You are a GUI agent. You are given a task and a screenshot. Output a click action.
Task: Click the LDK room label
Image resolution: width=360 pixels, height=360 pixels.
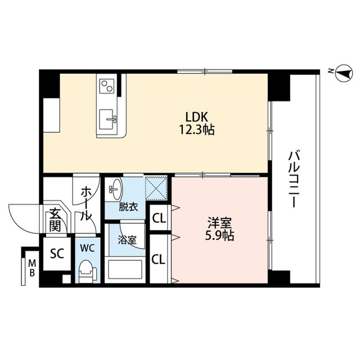pos(196,117)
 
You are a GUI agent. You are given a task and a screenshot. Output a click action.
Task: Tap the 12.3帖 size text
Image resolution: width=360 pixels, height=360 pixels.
pos(197,130)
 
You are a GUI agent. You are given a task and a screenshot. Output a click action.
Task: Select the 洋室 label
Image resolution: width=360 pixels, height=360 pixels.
pos(219,223)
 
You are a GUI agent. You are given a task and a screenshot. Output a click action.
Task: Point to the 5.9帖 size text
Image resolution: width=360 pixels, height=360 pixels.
pos(219,235)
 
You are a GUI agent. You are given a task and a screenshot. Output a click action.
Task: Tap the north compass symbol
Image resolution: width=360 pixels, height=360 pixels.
pos(344,73)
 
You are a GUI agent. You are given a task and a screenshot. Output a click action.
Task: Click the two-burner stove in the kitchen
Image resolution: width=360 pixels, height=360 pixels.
pos(107,85)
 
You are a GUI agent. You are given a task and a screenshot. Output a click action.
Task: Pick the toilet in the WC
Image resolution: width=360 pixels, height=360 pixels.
pos(88,271)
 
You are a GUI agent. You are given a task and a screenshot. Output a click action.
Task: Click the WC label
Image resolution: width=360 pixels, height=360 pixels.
pos(87,248)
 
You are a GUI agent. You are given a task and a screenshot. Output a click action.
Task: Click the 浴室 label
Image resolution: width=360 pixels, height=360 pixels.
pos(127,240)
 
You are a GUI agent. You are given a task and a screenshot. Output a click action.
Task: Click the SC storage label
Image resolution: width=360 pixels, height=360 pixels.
pos(57,254)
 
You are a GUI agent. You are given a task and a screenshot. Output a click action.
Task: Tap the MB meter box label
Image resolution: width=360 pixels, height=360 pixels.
pos(32,268)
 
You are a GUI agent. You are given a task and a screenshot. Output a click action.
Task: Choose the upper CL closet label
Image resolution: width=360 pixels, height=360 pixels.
pos(159,218)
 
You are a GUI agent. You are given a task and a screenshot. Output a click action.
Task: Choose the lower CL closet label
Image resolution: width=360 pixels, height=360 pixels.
pos(159,259)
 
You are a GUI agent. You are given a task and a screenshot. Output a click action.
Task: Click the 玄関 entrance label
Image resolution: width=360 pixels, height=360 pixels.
pos(55,220)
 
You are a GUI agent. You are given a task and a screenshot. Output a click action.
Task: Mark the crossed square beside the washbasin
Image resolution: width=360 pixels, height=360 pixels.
pos(156,188)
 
